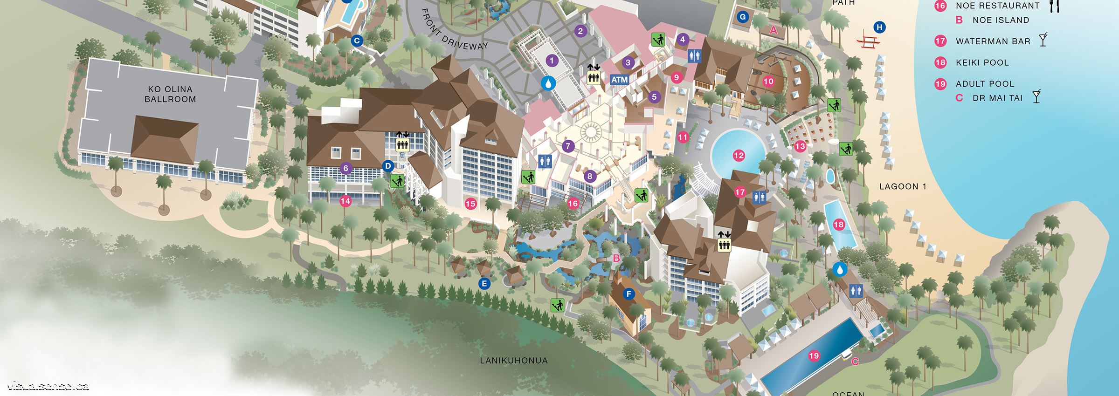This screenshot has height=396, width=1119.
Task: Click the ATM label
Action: [x=620, y=80]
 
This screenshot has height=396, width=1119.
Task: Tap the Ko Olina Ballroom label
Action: [x=170, y=94]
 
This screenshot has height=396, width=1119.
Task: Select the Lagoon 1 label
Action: [x=903, y=187]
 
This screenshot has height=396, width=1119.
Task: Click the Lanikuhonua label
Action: [x=514, y=360]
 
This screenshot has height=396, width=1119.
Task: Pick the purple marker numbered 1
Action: [x=552, y=60]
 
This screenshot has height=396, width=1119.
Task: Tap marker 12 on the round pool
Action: [x=739, y=156]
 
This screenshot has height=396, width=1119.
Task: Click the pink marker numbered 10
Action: [x=768, y=82]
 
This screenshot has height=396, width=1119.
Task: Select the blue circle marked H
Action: [x=879, y=27]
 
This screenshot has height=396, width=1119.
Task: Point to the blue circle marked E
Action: [x=484, y=283]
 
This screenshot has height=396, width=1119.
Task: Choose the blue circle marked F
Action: [x=629, y=294]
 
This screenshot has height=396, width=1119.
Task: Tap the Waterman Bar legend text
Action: [x=993, y=41]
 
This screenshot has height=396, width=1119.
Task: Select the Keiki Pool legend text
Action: [x=982, y=62]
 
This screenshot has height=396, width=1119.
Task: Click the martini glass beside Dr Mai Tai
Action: [x=1036, y=97]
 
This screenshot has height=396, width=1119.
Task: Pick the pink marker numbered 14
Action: [x=345, y=201]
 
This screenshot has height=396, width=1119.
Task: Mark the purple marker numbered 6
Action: [x=345, y=168]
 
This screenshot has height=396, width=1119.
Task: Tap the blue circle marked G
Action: [x=743, y=17]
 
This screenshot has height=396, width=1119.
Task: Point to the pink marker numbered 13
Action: [x=800, y=146]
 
